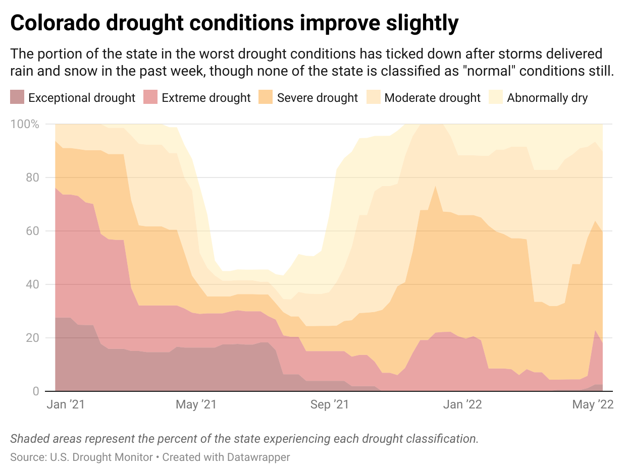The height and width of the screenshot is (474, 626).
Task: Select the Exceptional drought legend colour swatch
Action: [17, 97]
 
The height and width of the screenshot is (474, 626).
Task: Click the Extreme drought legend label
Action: [206, 98]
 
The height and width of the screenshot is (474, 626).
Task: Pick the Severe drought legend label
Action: [317, 98]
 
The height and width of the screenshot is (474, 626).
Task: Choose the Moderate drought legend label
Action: [432, 98]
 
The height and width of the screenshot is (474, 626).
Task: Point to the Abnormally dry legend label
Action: [547, 98]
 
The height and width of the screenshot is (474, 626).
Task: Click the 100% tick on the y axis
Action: [25, 124]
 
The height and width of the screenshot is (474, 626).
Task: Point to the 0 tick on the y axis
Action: [36, 391]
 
